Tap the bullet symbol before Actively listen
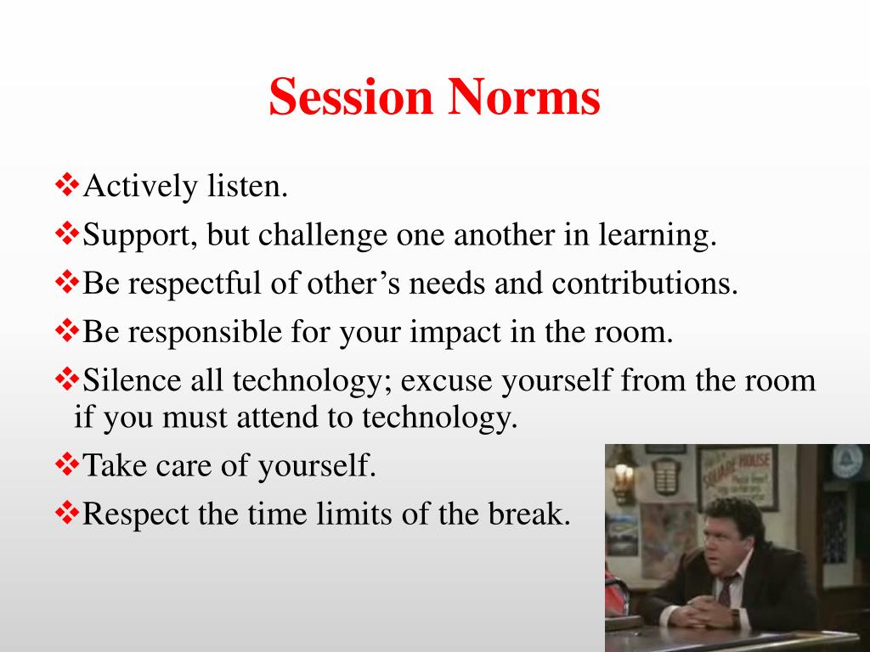tap(66, 185)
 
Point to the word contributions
tap(645, 284)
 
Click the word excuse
tap(447, 380)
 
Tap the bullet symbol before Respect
tap(66, 513)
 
